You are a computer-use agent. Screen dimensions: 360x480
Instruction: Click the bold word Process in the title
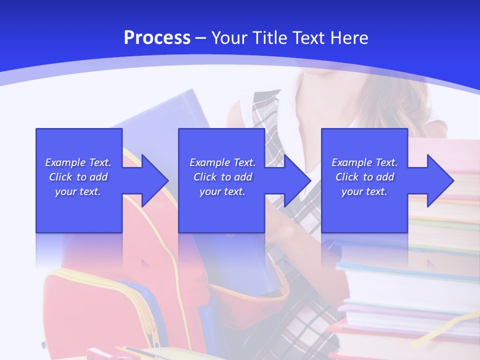pos(157,38)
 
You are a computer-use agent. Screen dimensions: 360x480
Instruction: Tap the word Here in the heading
pos(348,38)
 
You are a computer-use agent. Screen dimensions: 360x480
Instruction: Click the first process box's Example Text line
pos(78,162)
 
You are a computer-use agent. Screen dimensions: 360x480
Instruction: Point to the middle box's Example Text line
pos(222,162)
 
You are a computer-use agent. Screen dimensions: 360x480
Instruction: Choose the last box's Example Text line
pos(364,162)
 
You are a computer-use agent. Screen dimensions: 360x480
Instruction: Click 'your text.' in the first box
pos(78,191)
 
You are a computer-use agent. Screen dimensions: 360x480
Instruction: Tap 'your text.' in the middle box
pos(222,191)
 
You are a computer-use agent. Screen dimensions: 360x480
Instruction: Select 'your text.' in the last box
pos(364,191)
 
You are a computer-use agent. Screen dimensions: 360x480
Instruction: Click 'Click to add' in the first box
pos(78,177)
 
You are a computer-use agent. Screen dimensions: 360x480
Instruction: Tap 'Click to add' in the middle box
pos(222,177)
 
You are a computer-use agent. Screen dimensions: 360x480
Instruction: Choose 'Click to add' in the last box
pos(364,177)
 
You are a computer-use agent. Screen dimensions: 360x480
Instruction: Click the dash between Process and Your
pos(201,38)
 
